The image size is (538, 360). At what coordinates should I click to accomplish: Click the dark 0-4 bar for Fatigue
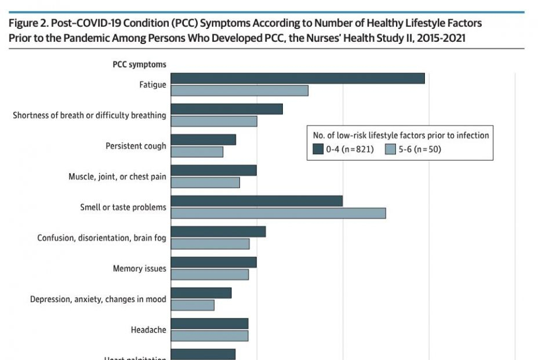coord(297,78)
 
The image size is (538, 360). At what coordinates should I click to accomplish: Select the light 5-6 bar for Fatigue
coord(239,90)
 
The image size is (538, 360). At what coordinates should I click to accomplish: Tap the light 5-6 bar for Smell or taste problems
coord(278,213)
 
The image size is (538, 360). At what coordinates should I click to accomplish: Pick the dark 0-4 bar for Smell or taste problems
coord(257,201)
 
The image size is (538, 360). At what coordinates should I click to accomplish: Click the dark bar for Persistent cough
coord(203,140)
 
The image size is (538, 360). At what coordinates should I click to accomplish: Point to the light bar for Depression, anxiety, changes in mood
coord(192,305)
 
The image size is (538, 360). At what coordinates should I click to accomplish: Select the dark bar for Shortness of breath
coord(227,109)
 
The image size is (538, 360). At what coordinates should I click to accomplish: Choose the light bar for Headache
coord(209,336)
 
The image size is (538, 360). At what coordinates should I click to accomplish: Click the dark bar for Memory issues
coord(213,263)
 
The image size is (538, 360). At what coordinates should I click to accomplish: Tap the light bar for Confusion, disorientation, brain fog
coord(210,244)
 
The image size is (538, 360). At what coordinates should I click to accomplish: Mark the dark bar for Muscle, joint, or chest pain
coord(213,170)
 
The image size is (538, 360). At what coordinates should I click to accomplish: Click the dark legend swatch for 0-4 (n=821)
coord(318,150)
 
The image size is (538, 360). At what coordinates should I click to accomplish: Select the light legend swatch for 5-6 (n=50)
coord(390,150)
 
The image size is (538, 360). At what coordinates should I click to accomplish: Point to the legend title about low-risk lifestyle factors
coord(401,135)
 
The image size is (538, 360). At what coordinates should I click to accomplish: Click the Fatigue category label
coord(152,85)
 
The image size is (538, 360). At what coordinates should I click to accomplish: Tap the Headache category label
coord(148,330)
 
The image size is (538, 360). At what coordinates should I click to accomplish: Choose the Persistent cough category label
coord(136,146)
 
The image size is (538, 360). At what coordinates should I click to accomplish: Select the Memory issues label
coord(139,268)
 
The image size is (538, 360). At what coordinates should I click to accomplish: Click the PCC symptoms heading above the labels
coord(139,65)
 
